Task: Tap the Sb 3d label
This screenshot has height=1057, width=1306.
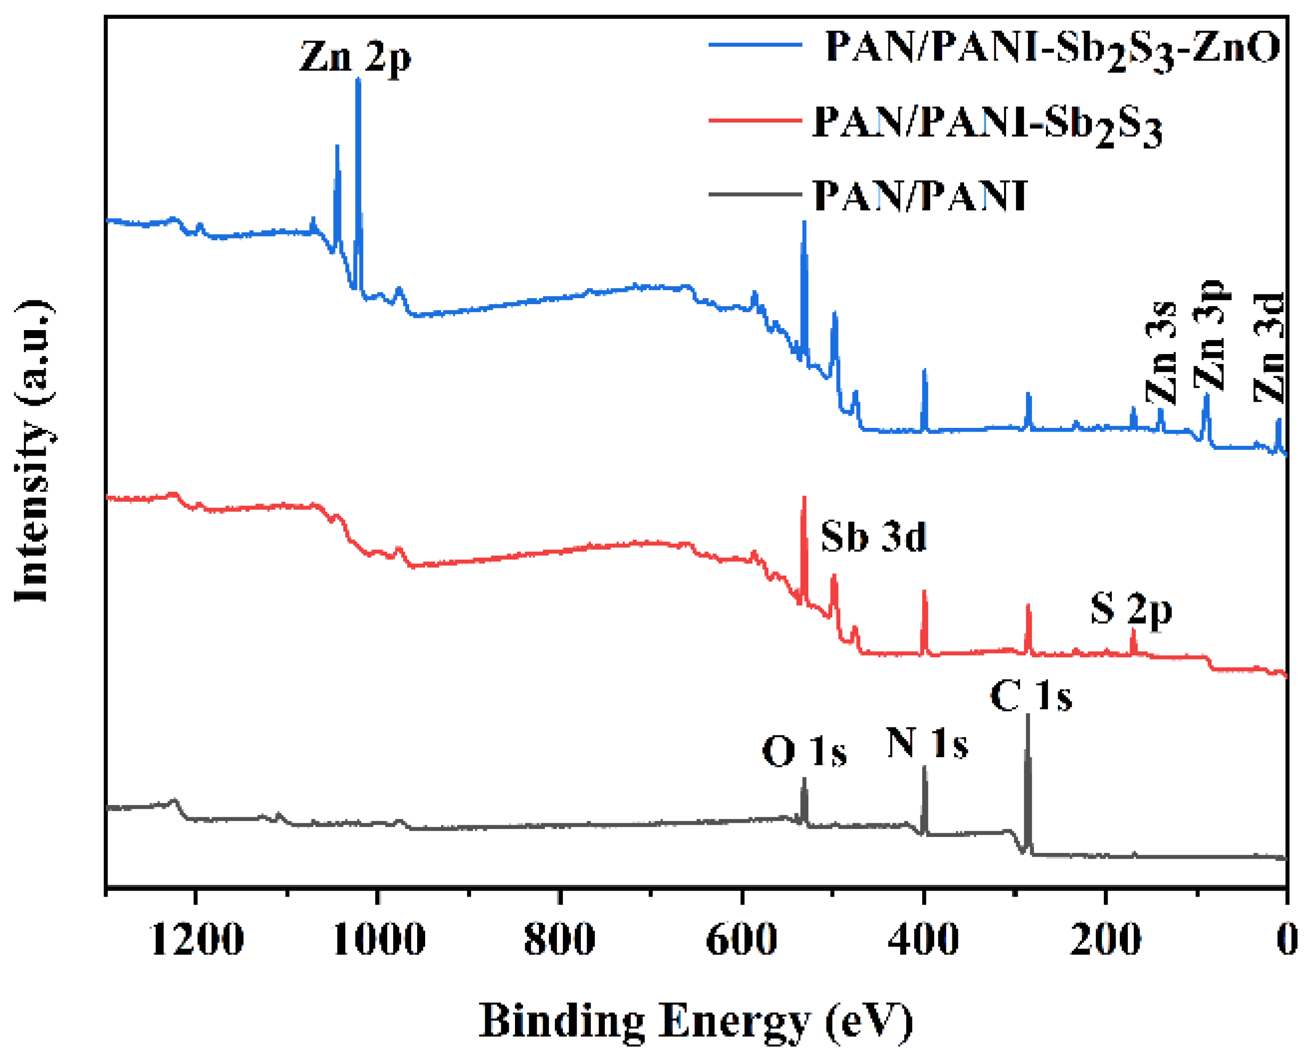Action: pyautogui.click(x=872, y=537)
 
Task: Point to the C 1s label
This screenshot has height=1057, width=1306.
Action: pyautogui.click(x=1030, y=696)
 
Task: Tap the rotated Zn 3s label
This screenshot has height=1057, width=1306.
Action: pyautogui.click(x=1162, y=353)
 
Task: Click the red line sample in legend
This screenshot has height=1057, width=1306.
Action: pyautogui.click(x=754, y=120)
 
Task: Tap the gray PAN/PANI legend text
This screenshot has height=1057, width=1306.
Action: pyautogui.click(x=920, y=196)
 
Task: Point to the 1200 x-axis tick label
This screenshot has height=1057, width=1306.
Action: pyautogui.click(x=196, y=939)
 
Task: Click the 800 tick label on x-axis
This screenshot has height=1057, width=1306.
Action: pyautogui.click(x=559, y=939)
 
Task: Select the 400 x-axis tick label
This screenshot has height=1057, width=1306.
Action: pyautogui.click(x=923, y=939)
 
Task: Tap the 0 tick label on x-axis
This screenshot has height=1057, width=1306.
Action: pyautogui.click(x=1287, y=939)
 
